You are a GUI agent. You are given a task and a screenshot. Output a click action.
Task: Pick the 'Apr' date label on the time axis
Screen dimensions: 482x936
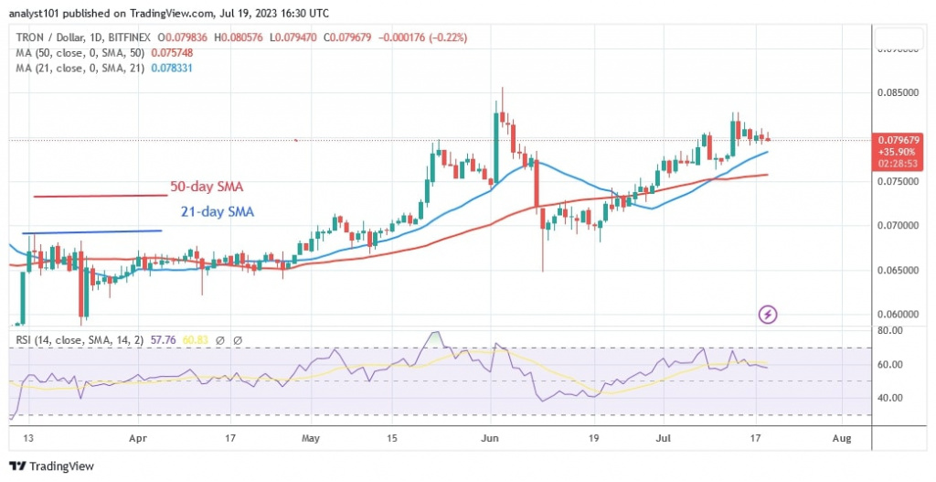pyautogui.click(x=138, y=439)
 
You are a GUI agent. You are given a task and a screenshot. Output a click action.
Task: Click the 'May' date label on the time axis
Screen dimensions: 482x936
pyautogui.click(x=313, y=439)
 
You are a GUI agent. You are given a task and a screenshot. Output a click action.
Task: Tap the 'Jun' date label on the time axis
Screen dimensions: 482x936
pyautogui.click(x=491, y=439)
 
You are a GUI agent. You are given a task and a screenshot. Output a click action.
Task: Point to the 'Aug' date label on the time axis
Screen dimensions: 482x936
pyautogui.click(x=842, y=439)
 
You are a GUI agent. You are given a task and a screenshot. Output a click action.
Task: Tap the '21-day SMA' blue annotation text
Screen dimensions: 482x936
pyautogui.click(x=217, y=212)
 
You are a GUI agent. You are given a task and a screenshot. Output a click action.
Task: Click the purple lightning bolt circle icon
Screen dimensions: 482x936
pyautogui.click(x=768, y=315)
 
